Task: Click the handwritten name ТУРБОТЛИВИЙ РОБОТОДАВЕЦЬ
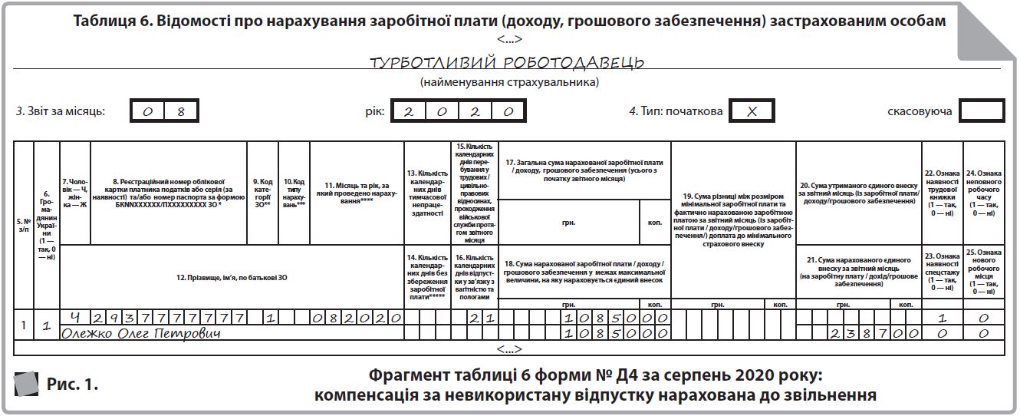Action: click(506, 62)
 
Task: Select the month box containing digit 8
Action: click(182, 111)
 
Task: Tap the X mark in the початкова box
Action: click(752, 111)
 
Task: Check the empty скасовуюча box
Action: click(982, 111)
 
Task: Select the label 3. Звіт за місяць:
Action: click(61, 111)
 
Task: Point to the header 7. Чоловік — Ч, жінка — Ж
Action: click(74, 192)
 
